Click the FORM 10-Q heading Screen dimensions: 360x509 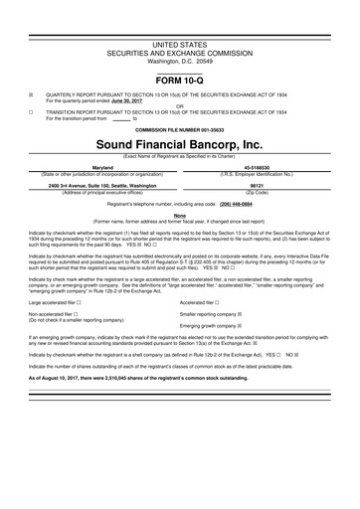click(179, 78)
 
